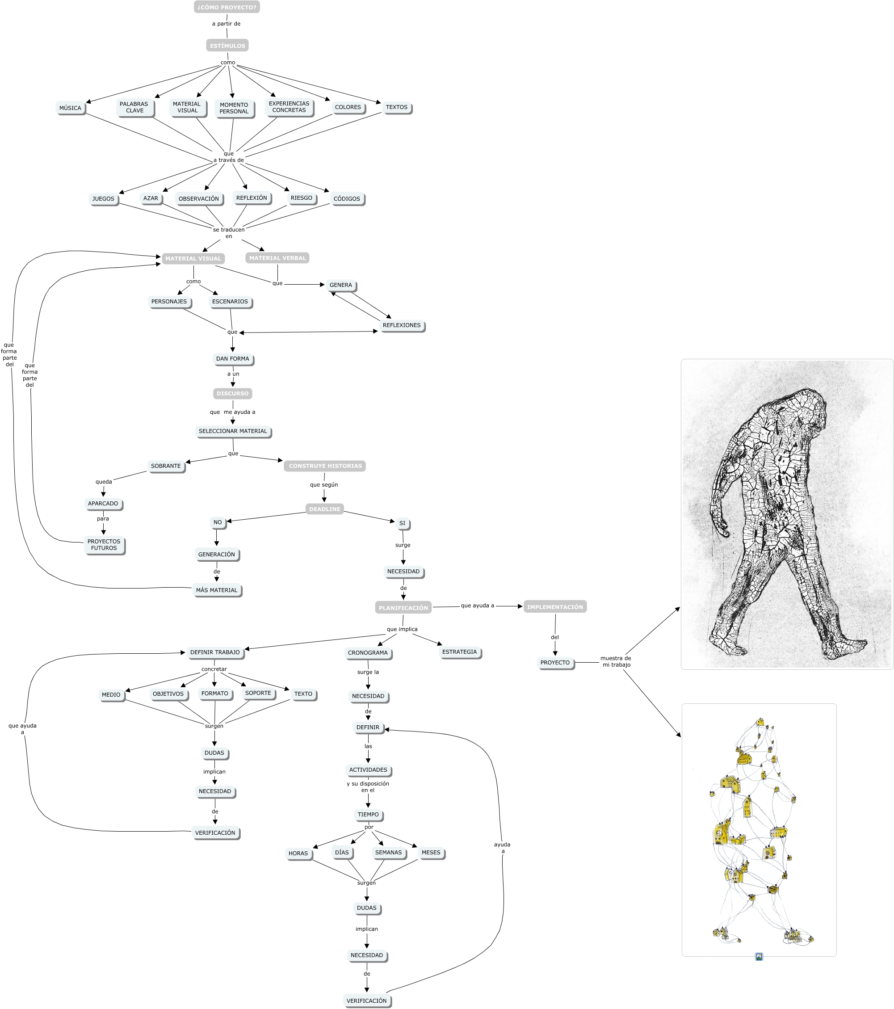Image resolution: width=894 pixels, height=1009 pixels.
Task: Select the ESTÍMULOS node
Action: (227, 46)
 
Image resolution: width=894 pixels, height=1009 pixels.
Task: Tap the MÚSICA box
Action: (70, 108)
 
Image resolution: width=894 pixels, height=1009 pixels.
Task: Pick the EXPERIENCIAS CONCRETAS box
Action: (289, 107)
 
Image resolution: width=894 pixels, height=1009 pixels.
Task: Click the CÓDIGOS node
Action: (347, 199)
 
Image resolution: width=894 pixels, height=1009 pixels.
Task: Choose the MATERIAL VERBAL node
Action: (277, 258)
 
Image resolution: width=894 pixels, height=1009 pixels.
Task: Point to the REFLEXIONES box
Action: (401, 325)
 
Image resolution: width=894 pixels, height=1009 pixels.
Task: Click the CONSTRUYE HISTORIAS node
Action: (325, 466)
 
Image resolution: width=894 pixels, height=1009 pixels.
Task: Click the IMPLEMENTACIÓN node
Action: (555, 607)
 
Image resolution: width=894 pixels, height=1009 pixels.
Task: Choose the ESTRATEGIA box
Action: (459, 652)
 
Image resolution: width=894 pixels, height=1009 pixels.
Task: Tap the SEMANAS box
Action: (388, 853)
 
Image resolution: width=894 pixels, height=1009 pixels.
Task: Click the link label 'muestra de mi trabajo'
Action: (616, 661)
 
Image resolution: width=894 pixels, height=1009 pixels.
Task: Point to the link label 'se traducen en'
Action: (229, 233)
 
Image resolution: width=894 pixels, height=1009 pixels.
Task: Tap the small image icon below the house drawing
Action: (759, 957)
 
